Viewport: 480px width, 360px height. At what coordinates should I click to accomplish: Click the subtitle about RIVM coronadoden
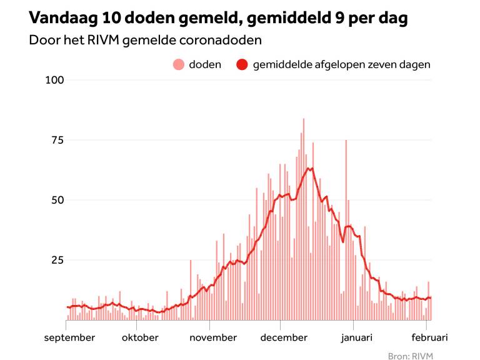(x=145, y=41)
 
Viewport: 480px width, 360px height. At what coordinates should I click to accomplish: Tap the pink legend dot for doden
(x=179, y=64)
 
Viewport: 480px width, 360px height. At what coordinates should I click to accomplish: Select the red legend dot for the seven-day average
(x=242, y=64)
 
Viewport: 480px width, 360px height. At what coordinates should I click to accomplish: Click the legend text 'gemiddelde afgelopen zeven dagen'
(x=341, y=64)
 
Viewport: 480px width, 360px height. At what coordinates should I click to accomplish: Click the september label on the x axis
(x=70, y=337)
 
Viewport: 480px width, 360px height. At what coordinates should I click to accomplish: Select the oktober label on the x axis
(x=139, y=337)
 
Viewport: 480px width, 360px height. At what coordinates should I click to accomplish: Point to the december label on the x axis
(x=284, y=337)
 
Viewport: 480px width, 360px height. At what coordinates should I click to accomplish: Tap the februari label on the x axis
(x=428, y=337)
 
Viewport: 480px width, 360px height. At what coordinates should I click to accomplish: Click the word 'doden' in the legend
(x=205, y=64)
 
